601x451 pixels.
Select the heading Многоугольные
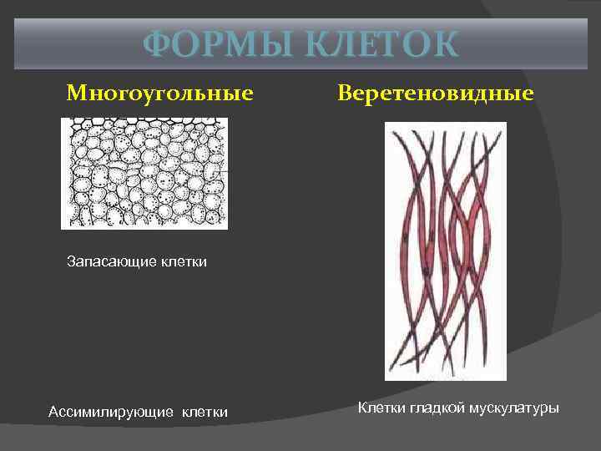click(160, 92)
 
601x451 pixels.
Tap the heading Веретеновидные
click(435, 92)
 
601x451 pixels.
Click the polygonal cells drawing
click(144, 173)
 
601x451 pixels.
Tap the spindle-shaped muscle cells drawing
click(445, 251)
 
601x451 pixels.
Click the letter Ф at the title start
click(156, 44)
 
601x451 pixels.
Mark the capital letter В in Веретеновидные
click(345, 92)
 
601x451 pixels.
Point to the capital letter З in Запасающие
click(71, 262)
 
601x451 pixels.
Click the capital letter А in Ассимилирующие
click(53, 411)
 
